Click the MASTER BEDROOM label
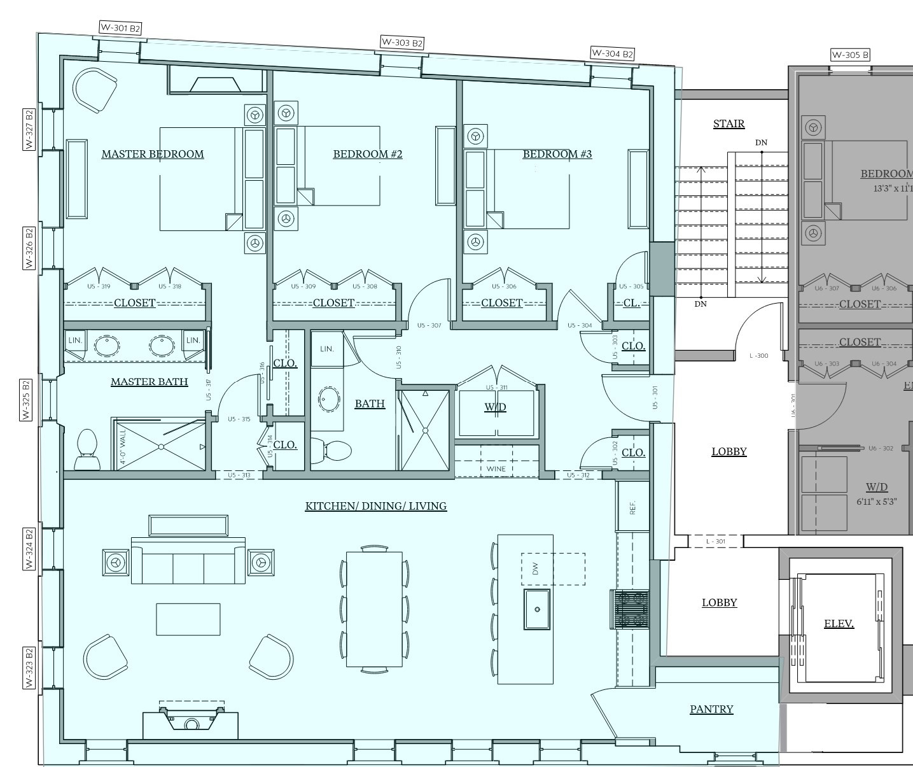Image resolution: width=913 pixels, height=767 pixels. point(153,154)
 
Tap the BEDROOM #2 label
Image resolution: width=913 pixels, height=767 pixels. point(367,154)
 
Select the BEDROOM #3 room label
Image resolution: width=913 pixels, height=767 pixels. point(557,154)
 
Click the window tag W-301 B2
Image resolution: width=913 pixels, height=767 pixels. point(120,28)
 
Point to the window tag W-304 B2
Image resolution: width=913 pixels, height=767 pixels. point(612,53)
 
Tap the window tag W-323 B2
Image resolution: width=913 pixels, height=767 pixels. point(29,667)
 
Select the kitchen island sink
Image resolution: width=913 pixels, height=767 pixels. point(537,609)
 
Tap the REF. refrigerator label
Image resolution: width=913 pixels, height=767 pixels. point(632,507)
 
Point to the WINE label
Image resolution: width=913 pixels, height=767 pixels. point(496,469)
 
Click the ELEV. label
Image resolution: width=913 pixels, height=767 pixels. point(839,624)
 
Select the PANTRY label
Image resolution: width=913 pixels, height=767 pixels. point(711,709)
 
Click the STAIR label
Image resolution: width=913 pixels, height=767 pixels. point(728,123)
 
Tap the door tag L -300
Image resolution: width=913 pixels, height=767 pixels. point(758,356)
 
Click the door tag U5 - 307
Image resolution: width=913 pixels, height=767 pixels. point(429,325)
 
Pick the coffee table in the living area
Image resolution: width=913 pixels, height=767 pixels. point(188,619)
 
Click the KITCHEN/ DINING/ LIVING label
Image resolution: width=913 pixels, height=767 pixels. point(375,506)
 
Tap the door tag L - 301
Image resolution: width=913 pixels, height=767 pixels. point(716,542)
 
